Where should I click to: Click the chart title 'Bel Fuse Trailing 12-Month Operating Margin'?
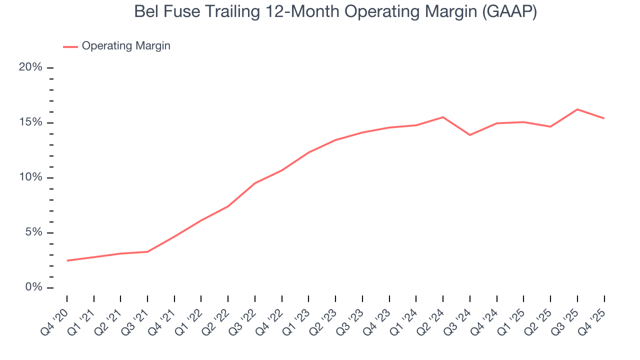click(320, 11)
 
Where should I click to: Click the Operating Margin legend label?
click(126, 46)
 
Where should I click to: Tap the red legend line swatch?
click(70, 46)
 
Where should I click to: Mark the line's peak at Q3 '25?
click(577, 109)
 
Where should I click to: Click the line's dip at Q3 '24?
click(470, 135)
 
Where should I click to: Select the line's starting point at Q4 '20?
click(67, 260)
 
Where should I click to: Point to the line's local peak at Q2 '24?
click(443, 117)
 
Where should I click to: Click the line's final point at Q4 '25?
click(604, 118)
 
